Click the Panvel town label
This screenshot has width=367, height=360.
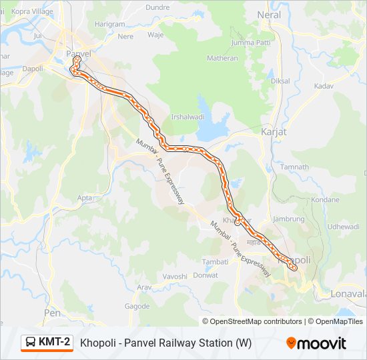point(78,53)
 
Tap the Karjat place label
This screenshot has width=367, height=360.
point(274,131)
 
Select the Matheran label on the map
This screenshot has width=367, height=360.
point(223,58)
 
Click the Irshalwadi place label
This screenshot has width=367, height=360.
point(188,116)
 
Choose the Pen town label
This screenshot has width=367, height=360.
point(52,312)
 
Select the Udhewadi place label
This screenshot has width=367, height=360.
point(343,227)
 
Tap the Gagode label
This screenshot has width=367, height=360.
point(137,306)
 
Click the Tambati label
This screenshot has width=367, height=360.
point(215,261)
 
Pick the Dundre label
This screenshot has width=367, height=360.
point(157,7)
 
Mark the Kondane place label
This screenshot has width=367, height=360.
point(325,199)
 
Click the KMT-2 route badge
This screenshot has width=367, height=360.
point(47,343)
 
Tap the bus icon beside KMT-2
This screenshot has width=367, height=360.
point(31,343)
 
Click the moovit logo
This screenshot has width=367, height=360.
point(316,343)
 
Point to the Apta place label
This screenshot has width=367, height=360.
point(85,198)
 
